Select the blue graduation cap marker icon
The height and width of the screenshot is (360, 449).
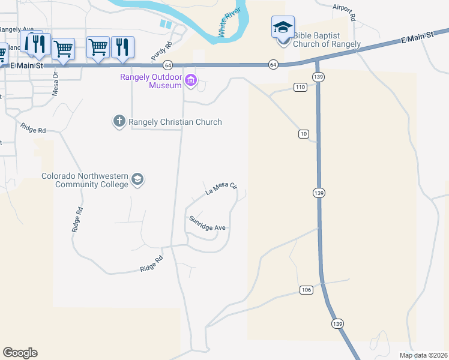[x=283, y=28]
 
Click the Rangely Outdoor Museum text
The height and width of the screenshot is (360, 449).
[x=151, y=81]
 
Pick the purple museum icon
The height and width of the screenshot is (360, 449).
[x=191, y=80]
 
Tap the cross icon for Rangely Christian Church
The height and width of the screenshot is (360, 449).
[x=119, y=122]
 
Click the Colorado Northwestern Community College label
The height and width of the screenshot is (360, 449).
[x=85, y=180]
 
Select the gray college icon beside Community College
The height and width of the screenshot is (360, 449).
[x=137, y=179]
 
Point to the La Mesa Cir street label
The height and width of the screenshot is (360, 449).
[x=222, y=190]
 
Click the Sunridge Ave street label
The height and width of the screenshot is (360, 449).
[x=207, y=223]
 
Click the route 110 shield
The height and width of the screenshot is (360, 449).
[x=300, y=88]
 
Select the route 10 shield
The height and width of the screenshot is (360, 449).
[x=304, y=133]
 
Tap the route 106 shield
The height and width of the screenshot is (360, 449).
[x=306, y=290]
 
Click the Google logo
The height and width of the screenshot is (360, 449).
[x=20, y=353]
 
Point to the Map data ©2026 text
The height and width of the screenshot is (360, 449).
[x=423, y=355]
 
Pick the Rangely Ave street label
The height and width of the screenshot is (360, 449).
[x=17, y=29]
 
